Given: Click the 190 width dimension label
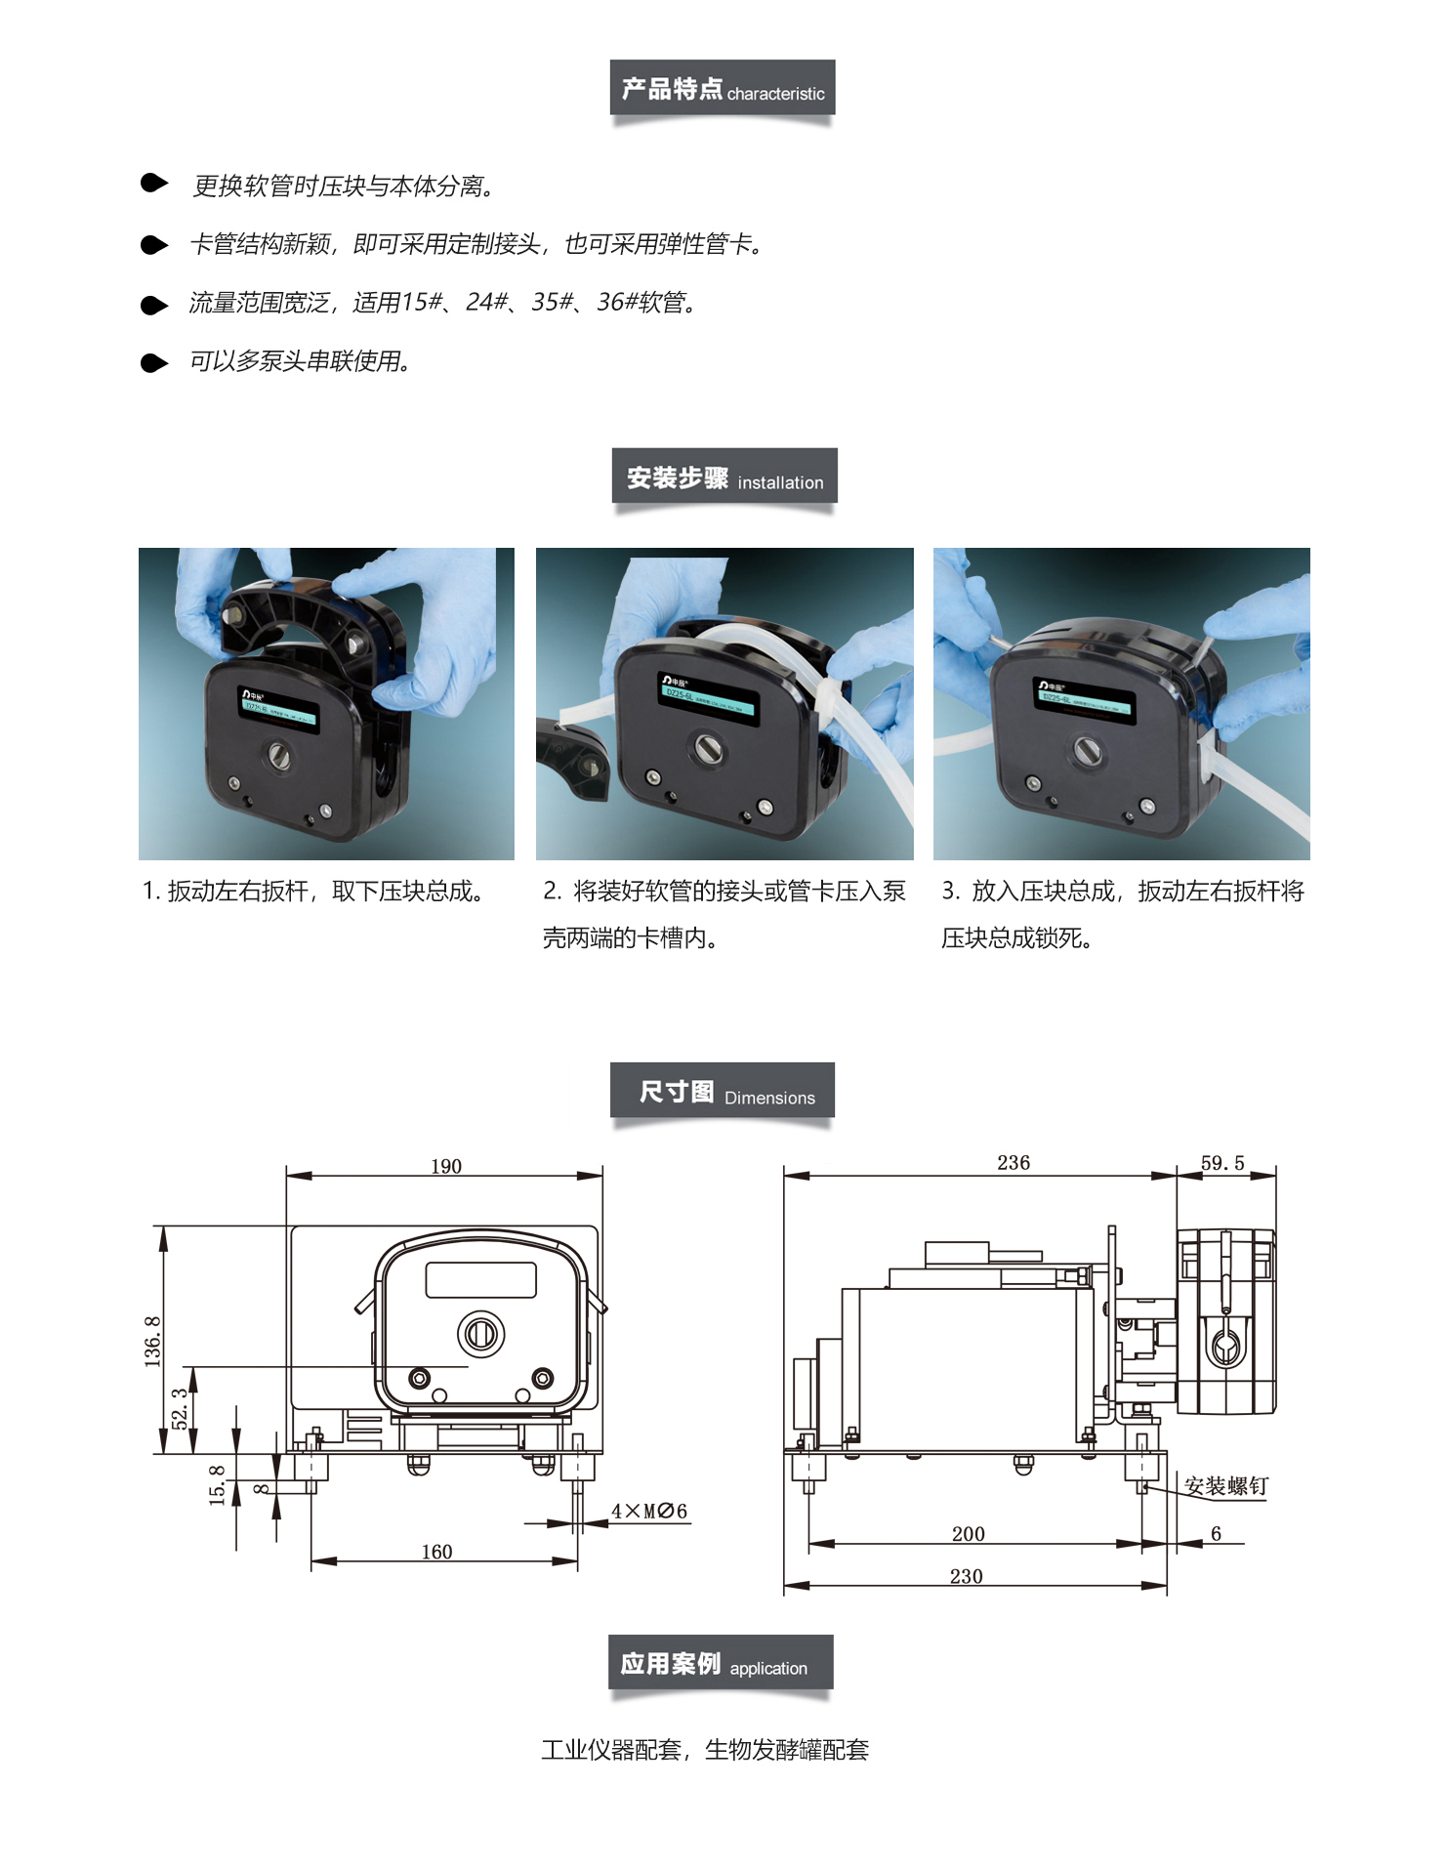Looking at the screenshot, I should pos(446,1166).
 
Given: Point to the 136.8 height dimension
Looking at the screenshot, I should pos(153,1341).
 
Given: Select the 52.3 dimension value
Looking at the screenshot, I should pos(181,1408).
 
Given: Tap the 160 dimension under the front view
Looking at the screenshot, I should pos(436,1552).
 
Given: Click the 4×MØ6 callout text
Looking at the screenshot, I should pos(649,1511).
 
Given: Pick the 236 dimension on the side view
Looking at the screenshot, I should pos(1014,1162).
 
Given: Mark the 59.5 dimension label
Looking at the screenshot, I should pos(1222,1162).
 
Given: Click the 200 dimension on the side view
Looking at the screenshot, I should pos(969,1534).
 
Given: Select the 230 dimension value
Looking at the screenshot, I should pos(966,1576).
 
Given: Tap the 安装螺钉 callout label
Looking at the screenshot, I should pos(1225,1486).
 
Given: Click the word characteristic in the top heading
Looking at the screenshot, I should pos(775,94).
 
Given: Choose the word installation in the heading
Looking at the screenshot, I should pos(780,482).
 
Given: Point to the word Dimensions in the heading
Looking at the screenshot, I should pos(769,1098).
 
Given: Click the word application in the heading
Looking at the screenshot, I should pos(768,1668).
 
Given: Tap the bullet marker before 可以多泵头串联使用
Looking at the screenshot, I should pos(154,363).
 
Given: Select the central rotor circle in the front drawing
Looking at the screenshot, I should pos(480,1333).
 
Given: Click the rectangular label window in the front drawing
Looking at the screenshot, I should pos(480,1279).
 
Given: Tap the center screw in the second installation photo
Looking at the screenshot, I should pos(708,748).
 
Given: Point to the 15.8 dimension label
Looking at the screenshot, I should pos(218,1484).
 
